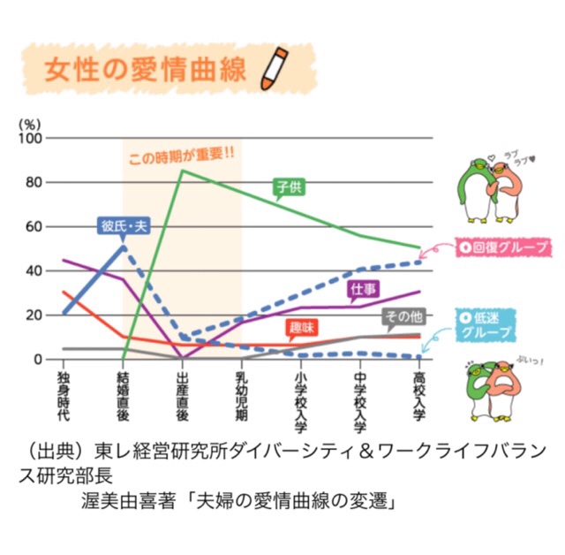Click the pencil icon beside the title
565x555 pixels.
tap(275, 70)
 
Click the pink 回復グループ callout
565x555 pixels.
tap(499, 247)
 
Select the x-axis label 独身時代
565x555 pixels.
tap(63, 394)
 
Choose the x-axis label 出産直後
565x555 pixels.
tap(182, 394)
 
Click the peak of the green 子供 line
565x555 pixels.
tap(182, 170)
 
